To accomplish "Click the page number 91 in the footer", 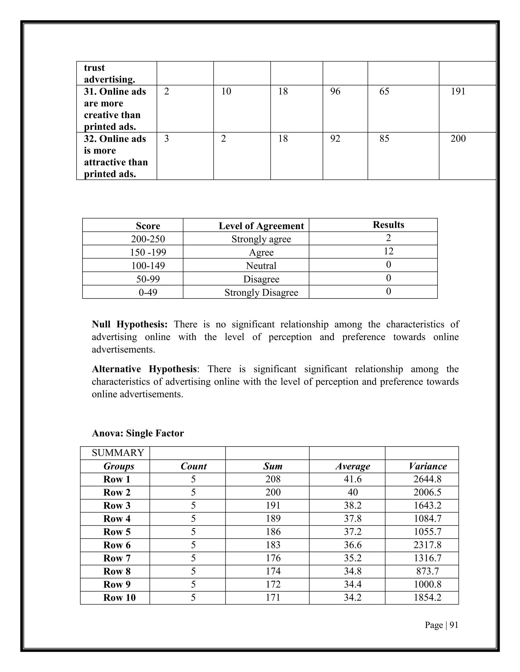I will [454, 625].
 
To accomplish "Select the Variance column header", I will [428, 466].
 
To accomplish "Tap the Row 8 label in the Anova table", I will [117, 571].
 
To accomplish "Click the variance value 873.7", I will [427, 571].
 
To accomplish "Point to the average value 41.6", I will [353, 479].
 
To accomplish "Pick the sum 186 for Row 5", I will [273, 532].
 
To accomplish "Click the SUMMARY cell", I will [118, 453].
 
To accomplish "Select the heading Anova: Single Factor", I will [138, 433].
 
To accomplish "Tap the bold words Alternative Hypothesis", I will [144, 369].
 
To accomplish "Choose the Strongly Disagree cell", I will [261, 292].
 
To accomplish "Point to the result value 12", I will [388, 251].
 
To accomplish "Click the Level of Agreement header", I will [261, 226].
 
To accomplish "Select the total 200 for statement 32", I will [458, 139].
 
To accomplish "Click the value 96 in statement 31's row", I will [335, 91].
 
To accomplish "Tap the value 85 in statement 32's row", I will [384, 139].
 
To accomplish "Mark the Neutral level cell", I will [261, 266].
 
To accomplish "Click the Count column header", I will [193, 466].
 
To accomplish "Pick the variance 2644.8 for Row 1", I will [427, 479].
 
